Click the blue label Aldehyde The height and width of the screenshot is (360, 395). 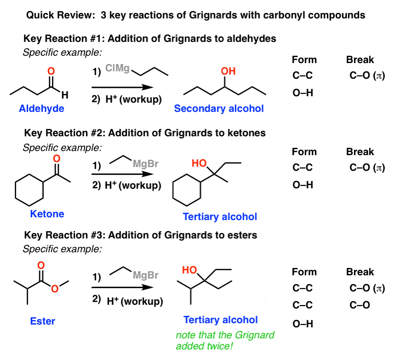click(41, 108)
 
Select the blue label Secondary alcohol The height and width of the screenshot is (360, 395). click(219, 108)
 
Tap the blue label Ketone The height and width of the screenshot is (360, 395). click(47, 214)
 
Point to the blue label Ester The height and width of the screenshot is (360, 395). click(42, 321)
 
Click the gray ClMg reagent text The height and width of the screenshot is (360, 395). click(117, 68)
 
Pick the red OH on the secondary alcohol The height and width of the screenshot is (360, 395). click(228, 71)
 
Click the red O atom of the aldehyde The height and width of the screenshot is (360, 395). click(51, 71)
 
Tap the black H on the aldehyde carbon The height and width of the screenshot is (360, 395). click(65, 95)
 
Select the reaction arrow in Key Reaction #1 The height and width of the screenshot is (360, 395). click(122, 87)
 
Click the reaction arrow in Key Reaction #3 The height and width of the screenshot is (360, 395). click(122, 287)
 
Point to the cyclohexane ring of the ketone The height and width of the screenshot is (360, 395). click(15, 190)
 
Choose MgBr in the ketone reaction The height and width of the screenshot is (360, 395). click(145, 164)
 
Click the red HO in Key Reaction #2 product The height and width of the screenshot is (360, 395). click(199, 163)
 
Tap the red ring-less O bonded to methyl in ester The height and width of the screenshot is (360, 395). click(55, 289)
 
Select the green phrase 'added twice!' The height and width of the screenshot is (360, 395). click(204, 346)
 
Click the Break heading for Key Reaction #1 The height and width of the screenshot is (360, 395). click(360, 60)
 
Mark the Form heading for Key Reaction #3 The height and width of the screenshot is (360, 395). click(304, 272)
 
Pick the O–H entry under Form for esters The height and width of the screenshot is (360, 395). click(303, 324)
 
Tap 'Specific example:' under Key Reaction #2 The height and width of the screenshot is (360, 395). click(62, 148)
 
